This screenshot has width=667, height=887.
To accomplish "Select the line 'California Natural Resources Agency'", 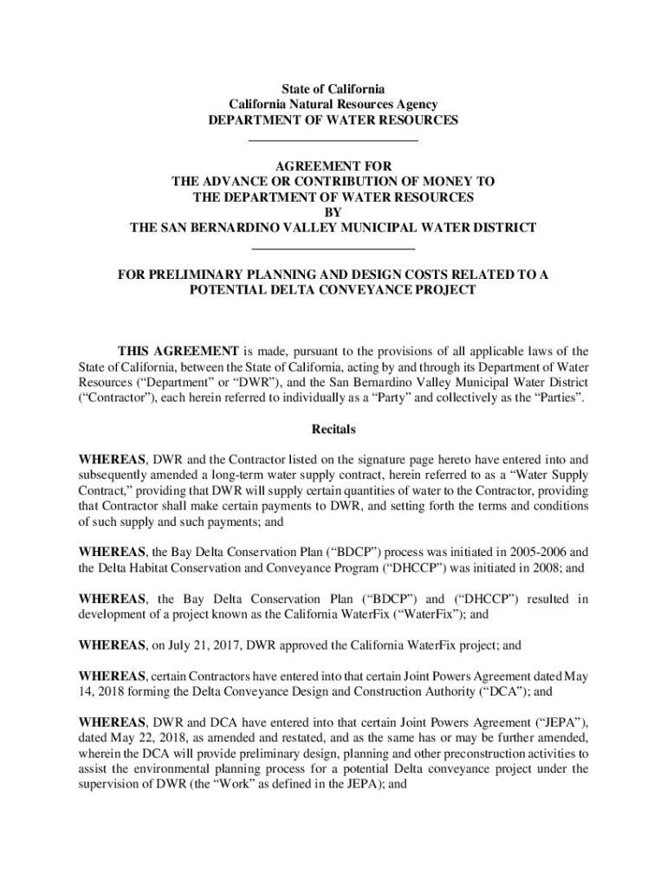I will pos(333,104).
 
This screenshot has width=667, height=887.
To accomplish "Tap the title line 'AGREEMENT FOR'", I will pos(333,165).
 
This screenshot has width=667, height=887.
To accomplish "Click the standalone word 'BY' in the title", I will pos(333,212).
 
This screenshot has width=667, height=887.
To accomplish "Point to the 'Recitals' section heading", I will pos(333,430).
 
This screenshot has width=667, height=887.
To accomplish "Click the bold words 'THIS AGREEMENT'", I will pos(178,351).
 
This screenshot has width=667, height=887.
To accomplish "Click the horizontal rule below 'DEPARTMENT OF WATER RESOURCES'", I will pos(333,140).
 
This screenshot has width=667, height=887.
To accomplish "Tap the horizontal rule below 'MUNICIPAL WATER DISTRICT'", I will pos(333,249).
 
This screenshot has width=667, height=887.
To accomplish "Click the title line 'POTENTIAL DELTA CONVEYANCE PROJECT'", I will pos(333,290).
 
